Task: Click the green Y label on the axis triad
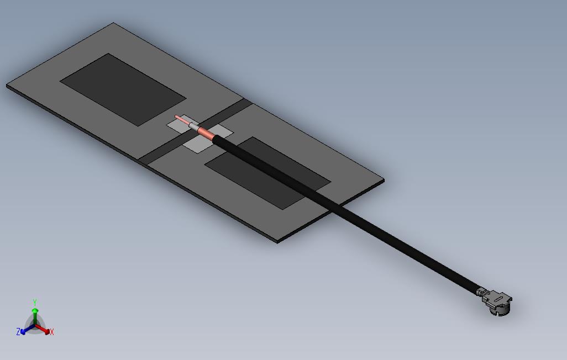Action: [x=35, y=303]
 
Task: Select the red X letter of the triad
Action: [x=51, y=332]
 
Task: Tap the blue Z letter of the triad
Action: [x=18, y=332]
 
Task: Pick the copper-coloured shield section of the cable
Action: [x=205, y=133]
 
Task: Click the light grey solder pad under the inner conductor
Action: [x=178, y=126]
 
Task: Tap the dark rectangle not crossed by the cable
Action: [x=123, y=89]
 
